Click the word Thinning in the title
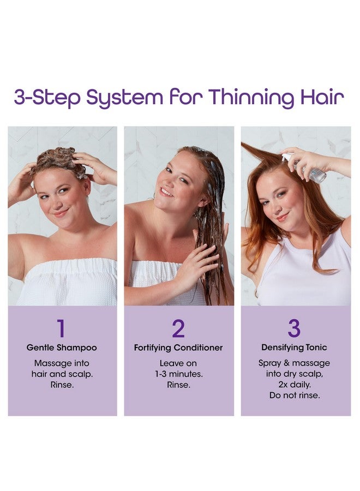[251, 98]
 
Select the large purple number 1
[61, 328]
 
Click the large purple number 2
[178, 328]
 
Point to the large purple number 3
[294, 328]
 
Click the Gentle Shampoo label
[62, 348]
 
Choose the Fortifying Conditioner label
[178, 348]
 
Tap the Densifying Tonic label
[294, 348]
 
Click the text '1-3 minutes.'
[179, 374]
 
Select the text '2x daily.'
[295, 384]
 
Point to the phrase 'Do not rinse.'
[295, 395]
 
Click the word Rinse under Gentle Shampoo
[62, 385]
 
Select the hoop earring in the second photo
[152, 196]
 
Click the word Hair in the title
[322, 97]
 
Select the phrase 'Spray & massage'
[294, 363]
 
